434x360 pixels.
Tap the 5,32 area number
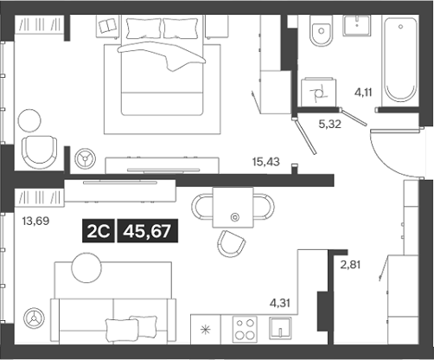329,124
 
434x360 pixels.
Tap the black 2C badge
98,230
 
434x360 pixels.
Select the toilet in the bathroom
320,35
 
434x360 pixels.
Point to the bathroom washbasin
358,26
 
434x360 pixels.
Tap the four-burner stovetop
245,331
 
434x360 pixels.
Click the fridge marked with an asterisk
205,331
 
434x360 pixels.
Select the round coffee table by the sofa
86,267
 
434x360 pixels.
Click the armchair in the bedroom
40,151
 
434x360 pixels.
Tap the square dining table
232,207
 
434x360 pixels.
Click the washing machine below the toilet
316,89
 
